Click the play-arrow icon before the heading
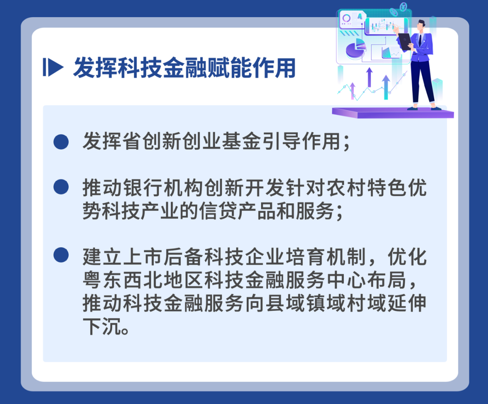(x=52, y=67)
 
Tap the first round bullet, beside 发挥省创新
(x=61, y=141)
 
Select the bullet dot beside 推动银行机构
(x=61, y=187)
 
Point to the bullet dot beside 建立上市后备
(x=61, y=255)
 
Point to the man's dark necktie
(x=420, y=40)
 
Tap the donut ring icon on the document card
(x=347, y=19)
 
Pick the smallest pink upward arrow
(x=352, y=90)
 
